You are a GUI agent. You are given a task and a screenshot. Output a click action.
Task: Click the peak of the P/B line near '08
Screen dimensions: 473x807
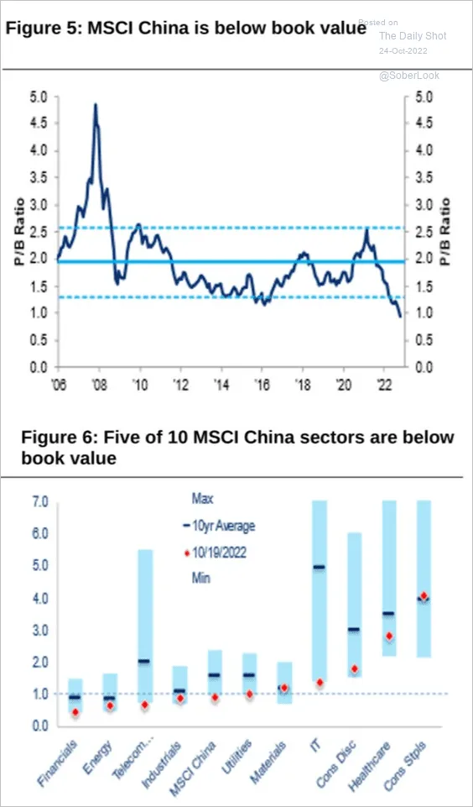(95, 104)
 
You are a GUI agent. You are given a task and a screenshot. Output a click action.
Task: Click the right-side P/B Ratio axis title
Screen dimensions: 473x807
(446, 232)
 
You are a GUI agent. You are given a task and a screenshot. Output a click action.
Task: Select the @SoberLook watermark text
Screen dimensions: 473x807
(409, 76)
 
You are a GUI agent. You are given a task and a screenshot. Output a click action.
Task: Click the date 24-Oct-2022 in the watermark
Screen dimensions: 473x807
(403, 51)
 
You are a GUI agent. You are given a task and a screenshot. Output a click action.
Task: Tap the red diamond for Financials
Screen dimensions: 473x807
(75, 712)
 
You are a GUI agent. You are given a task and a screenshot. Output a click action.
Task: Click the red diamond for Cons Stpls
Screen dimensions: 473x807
(424, 595)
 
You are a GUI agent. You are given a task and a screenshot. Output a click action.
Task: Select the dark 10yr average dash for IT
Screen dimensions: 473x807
(319, 567)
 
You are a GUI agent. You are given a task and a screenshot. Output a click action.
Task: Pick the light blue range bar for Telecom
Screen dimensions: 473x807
(145, 626)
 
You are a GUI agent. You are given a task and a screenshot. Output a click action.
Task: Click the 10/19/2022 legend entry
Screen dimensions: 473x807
(216, 553)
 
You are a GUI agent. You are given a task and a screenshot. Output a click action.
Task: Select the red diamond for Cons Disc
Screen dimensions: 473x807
(354, 668)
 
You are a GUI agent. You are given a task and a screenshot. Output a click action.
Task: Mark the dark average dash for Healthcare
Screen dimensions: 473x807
(388, 613)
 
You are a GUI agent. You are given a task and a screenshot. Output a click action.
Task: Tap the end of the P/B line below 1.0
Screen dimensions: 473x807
(401, 317)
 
